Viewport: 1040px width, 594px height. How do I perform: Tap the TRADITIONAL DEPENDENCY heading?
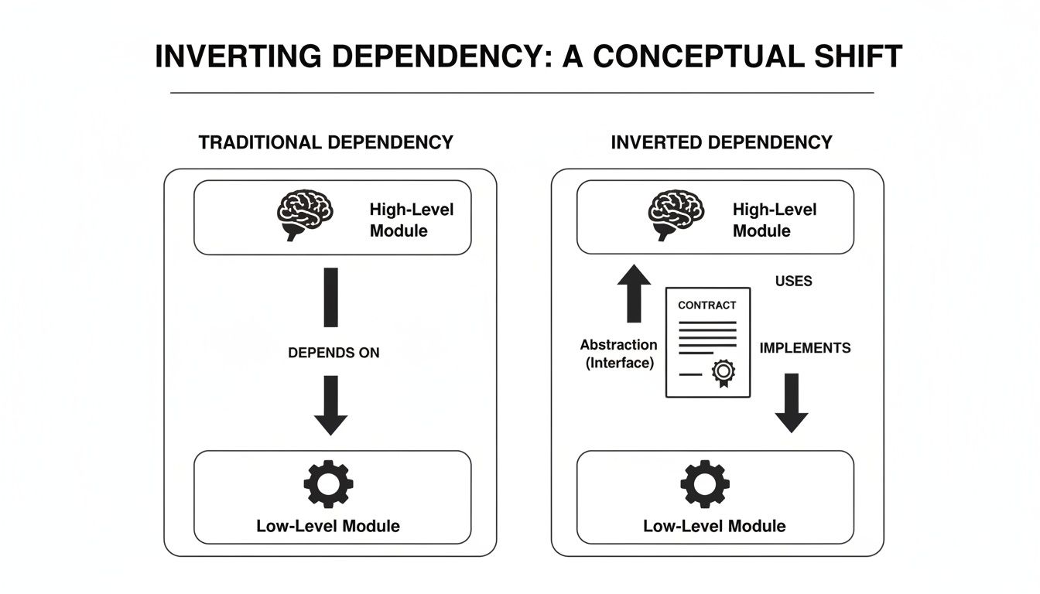[326, 142]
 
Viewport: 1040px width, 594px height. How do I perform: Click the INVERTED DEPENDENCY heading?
[721, 142]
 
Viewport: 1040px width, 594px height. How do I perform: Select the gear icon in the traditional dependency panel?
[328, 483]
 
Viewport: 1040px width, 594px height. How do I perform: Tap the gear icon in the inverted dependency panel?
[704, 483]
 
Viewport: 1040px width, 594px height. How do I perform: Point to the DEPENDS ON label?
[334, 353]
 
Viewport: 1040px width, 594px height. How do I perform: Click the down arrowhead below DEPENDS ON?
[330, 422]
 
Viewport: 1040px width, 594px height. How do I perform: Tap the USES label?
[793, 281]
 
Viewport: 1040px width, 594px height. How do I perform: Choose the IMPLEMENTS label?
[805, 348]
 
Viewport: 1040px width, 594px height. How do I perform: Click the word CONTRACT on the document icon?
[706, 305]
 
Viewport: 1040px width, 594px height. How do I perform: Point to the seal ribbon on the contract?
[724, 374]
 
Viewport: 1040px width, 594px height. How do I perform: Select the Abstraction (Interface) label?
[618, 353]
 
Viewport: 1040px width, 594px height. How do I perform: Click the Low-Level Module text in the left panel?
[328, 526]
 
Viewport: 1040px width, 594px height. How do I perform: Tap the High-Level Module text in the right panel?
[774, 220]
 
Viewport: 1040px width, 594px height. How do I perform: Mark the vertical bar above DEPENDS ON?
[330, 297]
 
